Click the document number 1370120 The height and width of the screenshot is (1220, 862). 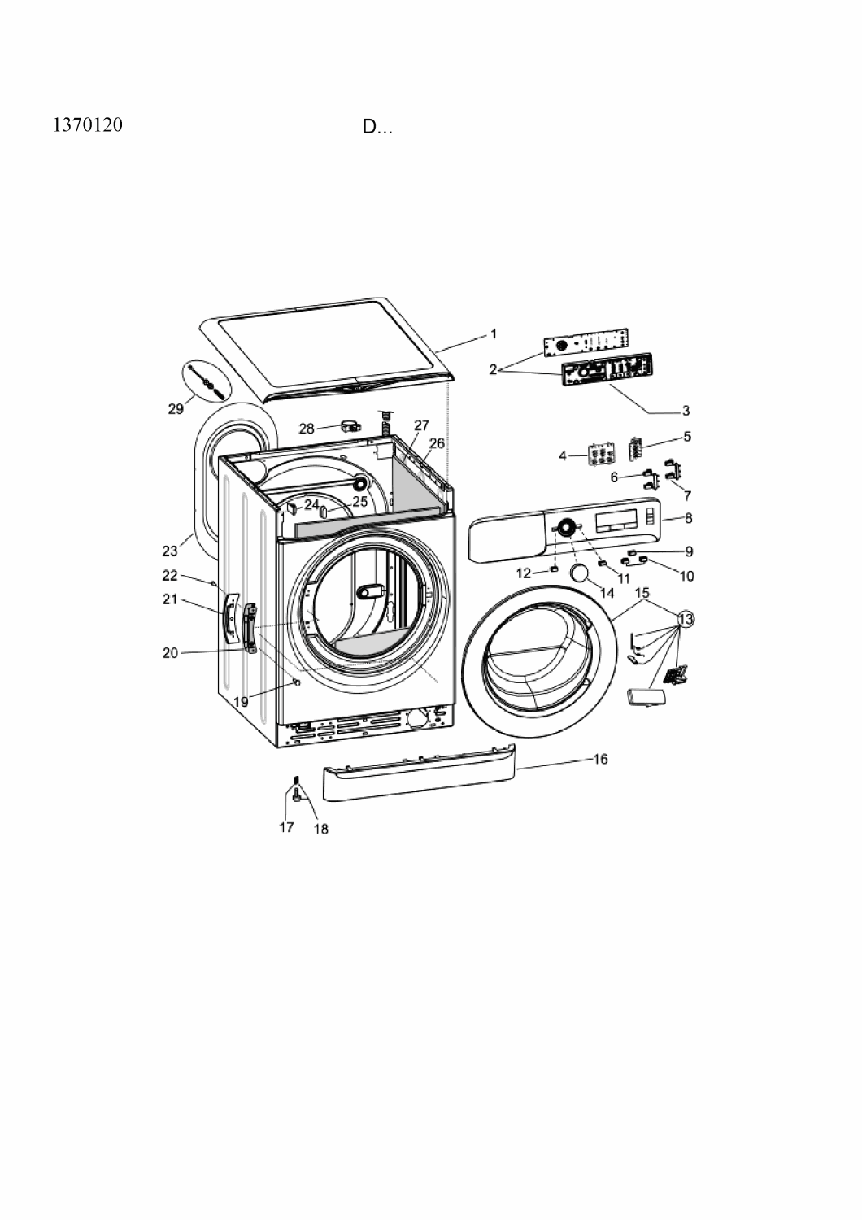click(88, 125)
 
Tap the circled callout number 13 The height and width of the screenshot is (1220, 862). click(686, 619)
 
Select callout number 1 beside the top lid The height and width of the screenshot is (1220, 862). click(494, 333)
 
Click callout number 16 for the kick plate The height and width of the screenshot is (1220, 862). click(600, 759)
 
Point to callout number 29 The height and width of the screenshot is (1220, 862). click(176, 408)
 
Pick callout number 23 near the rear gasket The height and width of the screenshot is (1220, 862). click(170, 551)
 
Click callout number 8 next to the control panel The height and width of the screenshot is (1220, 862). click(688, 519)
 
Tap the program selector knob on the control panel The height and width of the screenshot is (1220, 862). click(566, 527)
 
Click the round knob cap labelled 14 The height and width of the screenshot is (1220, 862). click(579, 574)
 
